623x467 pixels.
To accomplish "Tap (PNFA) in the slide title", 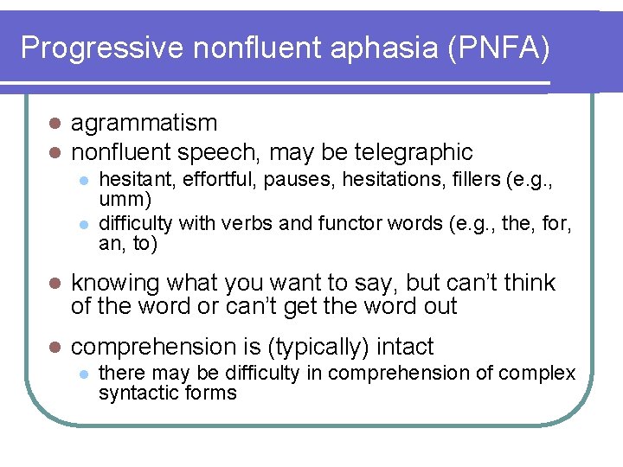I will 500,48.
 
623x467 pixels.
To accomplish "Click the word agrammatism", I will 144,124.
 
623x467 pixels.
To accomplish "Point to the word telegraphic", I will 416,153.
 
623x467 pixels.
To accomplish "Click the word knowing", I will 115,283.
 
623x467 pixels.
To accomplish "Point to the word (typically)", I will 319,347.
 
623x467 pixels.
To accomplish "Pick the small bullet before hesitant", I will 81,180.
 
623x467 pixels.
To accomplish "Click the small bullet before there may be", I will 81,374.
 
